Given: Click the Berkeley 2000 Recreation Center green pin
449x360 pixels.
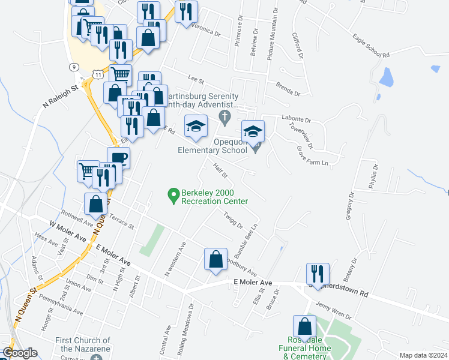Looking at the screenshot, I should (x=173, y=194).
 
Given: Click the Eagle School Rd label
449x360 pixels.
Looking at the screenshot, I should (x=371, y=46).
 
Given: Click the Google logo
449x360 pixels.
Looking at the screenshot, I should (x=20, y=353).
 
